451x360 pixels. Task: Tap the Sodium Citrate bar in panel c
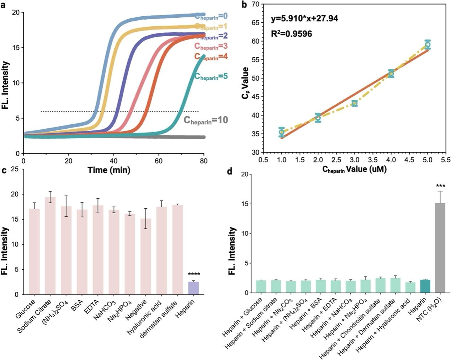(x=50, y=246)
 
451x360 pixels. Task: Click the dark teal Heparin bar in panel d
(x=425, y=286)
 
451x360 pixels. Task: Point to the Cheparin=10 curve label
(x=206, y=120)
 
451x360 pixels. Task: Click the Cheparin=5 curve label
(x=211, y=76)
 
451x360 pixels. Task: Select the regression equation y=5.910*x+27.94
(x=304, y=18)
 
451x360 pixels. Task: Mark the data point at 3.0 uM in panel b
(x=355, y=103)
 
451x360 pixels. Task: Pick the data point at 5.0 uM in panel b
(x=428, y=45)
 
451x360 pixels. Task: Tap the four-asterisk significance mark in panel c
(x=194, y=275)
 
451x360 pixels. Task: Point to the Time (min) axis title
(x=109, y=170)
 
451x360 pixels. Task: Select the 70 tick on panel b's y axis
(x=255, y=4)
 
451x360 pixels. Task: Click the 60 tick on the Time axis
(x=158, y=161)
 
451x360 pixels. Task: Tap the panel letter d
(x=230, y=172)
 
